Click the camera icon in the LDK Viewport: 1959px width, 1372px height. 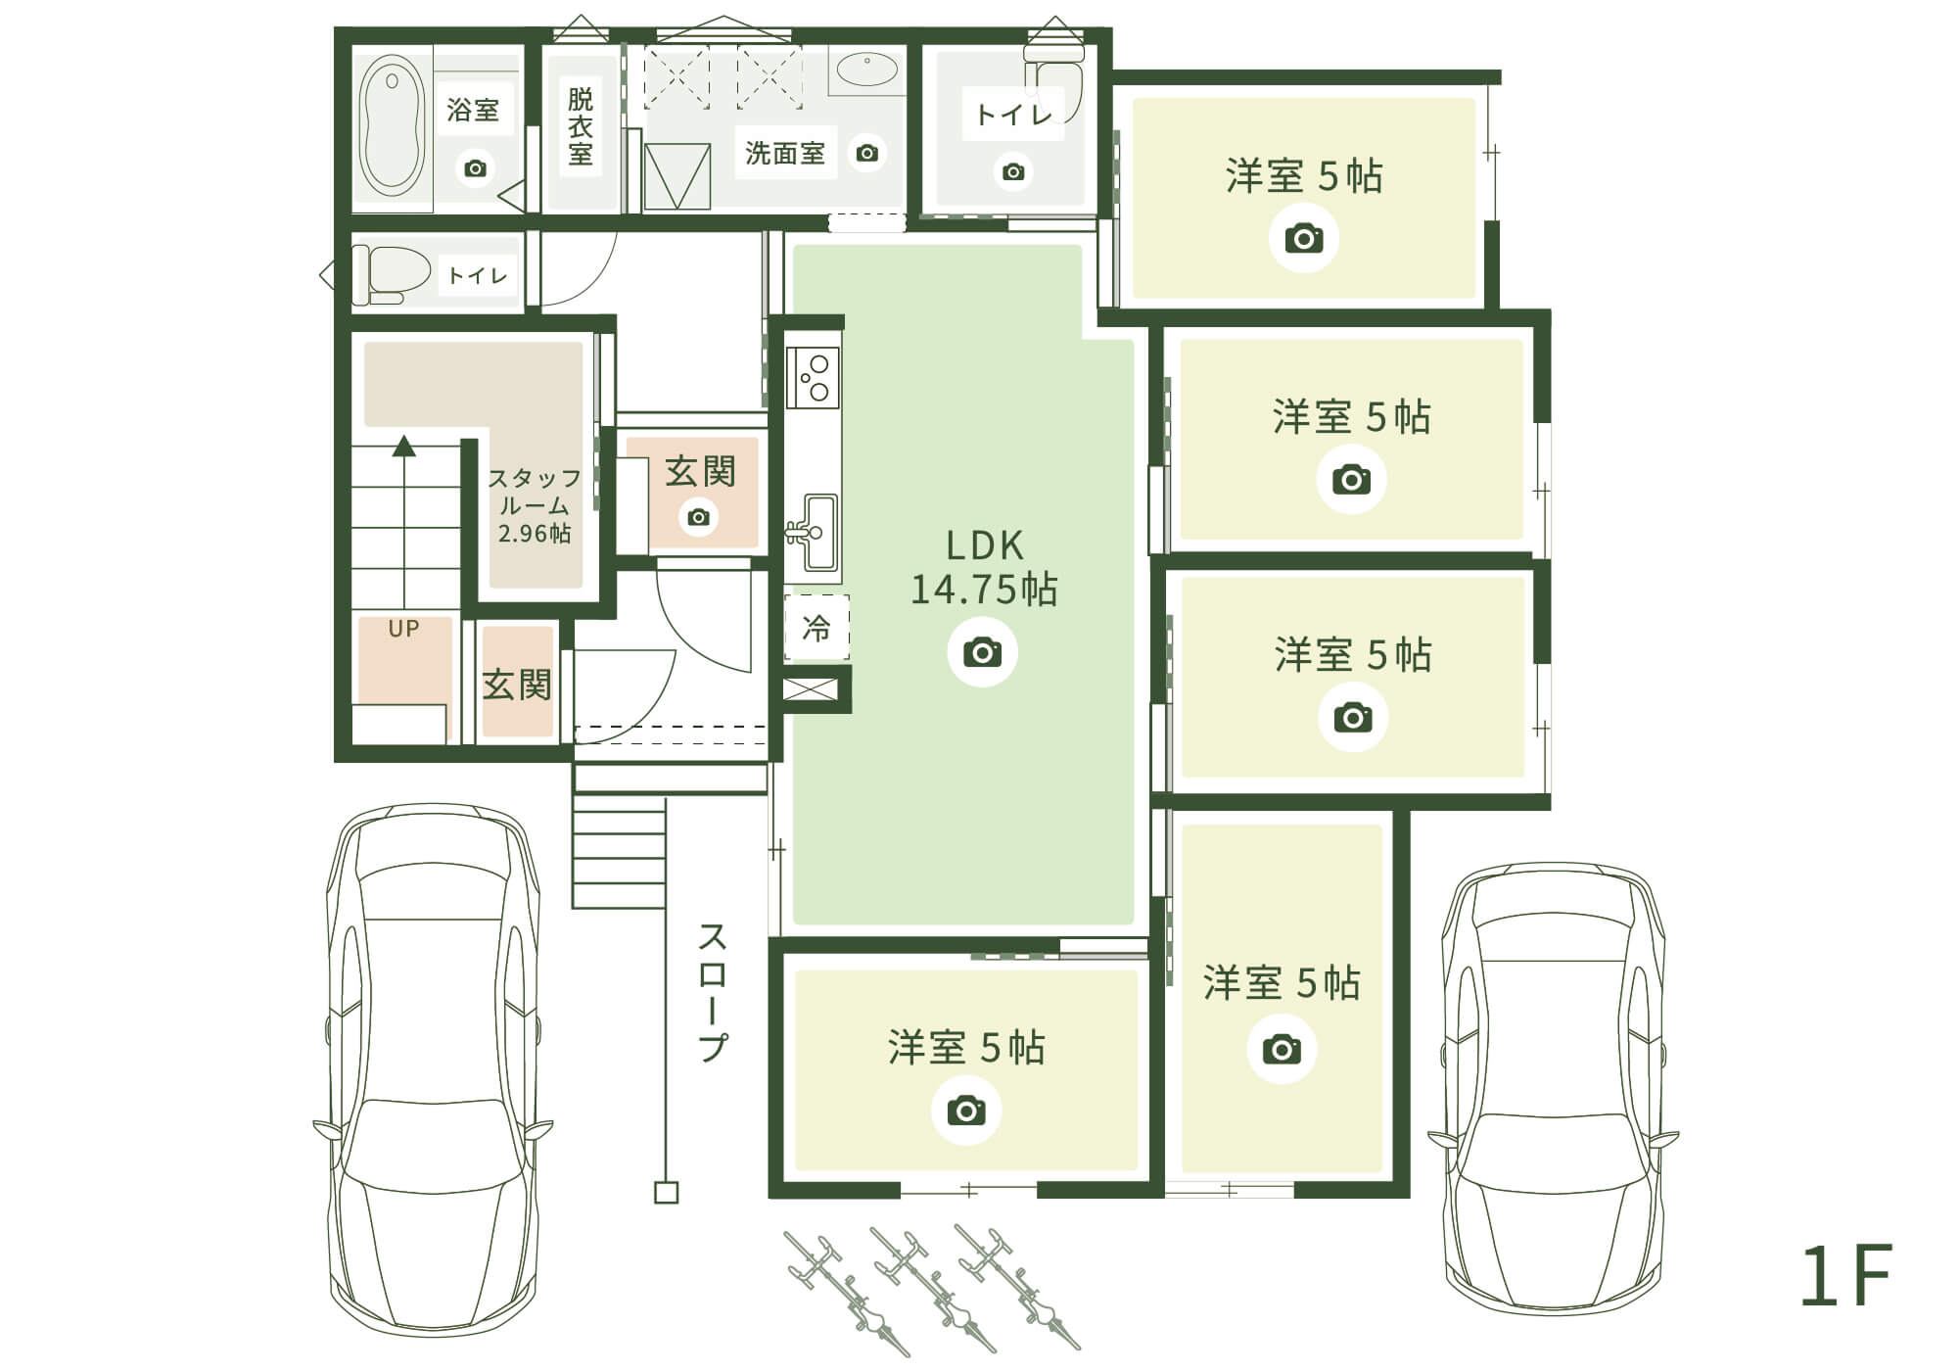pos(982,652)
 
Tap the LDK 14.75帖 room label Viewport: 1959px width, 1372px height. pos(984,568)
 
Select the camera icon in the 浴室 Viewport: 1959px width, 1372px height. pos(475,168)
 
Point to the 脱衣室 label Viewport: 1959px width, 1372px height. pos(581,126)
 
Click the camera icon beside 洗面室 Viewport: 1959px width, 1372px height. pos(866,153)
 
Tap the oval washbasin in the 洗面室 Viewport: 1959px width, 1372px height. pos(866,71)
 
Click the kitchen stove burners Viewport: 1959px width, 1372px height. pos(814,377)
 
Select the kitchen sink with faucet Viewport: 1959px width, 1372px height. pos(814,532)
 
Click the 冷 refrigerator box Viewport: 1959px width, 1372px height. pos(816,628)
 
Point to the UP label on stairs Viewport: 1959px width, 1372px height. pos(403,629)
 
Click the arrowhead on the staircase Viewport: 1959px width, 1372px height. pos(404,447)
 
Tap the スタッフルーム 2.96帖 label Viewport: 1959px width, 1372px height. pos(535,505)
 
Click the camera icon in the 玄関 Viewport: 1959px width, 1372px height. pos(699,517)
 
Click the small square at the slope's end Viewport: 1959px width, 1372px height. pos(666,1193)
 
